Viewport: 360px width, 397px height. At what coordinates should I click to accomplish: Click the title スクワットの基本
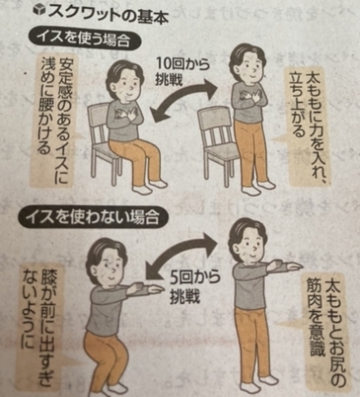tap(108, 15)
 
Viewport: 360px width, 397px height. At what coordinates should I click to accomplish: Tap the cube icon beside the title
tap(39, 10)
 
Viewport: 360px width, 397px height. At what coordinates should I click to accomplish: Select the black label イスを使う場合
tap(84, 40)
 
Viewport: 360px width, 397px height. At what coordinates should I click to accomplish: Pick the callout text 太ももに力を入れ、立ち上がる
tap(310, 128)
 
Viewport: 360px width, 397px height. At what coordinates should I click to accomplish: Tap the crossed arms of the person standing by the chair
tap(250, 97)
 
